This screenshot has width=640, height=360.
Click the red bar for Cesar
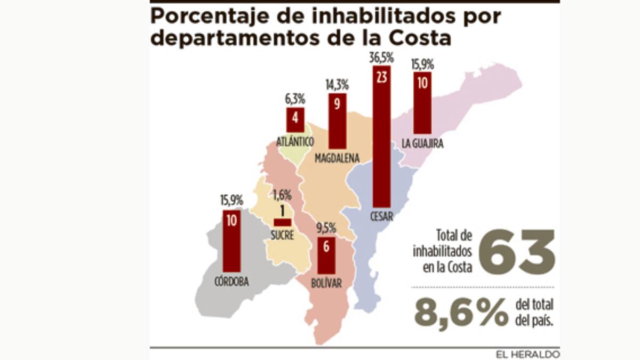(381, 136)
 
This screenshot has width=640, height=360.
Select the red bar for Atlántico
(295, 120)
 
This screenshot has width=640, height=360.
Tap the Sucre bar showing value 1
(282, 222)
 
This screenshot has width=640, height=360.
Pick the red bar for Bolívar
(326, 255)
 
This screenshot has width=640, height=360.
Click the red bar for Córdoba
(231, 241)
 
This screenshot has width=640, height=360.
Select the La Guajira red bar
(422, 103)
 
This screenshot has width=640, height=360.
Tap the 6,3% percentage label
(295, 99)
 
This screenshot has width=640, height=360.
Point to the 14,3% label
(337, 84)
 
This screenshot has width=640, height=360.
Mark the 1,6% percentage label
(282, 194)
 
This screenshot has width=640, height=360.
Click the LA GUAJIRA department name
(423, 143)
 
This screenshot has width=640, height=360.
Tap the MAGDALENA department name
(336, 158)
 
